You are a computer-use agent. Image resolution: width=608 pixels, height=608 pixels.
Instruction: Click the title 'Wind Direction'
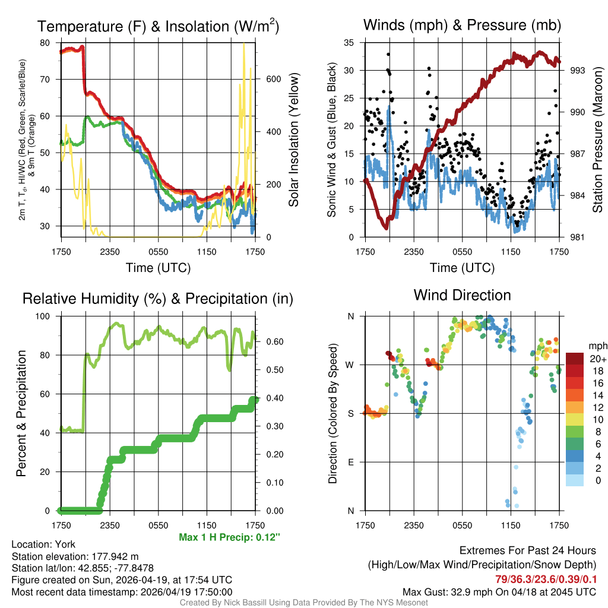coord(462,295)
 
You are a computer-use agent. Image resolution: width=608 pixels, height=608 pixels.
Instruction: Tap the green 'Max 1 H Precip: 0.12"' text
coord(229,537)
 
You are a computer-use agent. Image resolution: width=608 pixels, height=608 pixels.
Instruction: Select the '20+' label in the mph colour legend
coord(598,359)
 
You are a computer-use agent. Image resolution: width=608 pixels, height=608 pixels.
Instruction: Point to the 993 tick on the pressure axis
coord(578,70)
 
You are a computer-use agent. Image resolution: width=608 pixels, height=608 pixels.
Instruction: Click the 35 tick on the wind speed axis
coord(349,43)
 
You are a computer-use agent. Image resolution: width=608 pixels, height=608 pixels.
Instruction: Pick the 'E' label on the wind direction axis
coord(350,462)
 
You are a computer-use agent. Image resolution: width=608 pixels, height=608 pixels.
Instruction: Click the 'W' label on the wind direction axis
coord(350,365)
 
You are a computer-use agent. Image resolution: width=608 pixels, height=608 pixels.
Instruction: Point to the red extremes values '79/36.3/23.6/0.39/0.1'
coord(546,579)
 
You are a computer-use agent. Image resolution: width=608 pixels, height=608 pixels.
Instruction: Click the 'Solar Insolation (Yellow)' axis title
coord(293,140)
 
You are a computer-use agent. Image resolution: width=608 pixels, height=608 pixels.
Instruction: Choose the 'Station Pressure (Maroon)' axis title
coord(597,140)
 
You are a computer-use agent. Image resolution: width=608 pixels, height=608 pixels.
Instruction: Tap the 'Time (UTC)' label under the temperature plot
coord(158,268)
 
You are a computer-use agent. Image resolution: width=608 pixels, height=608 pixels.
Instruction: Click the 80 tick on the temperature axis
coord(45,43)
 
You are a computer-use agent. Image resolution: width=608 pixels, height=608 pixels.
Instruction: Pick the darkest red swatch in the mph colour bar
coord(575,359)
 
